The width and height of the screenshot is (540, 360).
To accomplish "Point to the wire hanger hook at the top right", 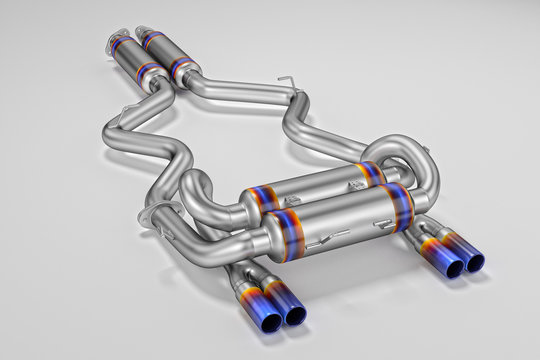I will [287, 81].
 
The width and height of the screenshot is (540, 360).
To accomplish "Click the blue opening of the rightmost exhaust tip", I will [474, 263].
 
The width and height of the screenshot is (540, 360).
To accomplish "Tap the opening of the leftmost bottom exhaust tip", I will [272, 318].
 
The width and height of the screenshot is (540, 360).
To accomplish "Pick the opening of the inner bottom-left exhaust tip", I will [296, 314].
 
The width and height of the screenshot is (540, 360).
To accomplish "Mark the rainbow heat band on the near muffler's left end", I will [281, 235].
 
